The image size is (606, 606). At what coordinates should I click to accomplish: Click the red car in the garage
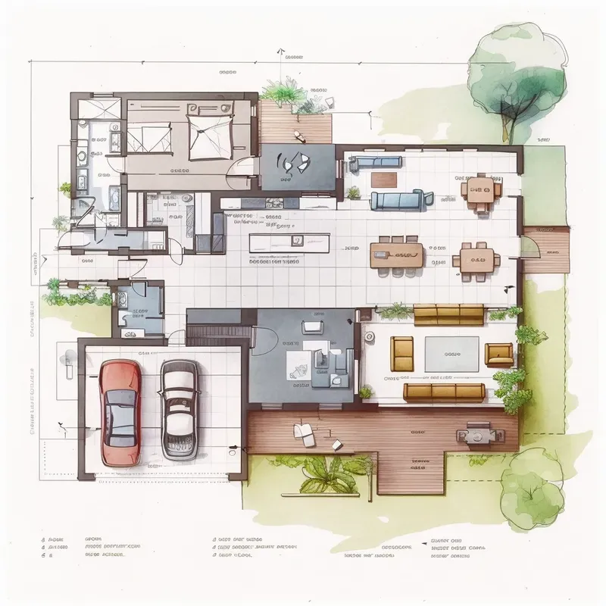(120, 413)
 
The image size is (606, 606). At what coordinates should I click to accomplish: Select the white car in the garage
(180, 409)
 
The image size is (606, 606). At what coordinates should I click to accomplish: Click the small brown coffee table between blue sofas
(384, 180)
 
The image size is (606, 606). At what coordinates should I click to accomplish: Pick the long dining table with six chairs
(395, 254)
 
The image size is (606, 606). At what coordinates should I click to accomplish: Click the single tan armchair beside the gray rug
(499, 353)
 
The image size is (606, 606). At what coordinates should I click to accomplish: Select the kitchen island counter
(290, 242)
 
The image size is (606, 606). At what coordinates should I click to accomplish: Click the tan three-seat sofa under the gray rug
(445, 392)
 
